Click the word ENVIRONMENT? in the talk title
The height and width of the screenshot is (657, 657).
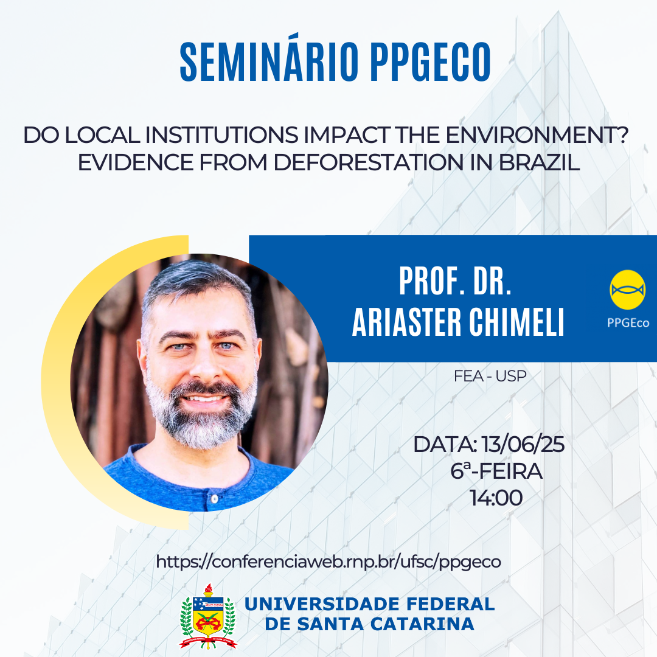[x=537, y=135]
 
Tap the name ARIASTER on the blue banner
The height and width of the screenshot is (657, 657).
[x=406, y=322]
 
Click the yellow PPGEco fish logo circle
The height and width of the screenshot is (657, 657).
[x=627, y=290]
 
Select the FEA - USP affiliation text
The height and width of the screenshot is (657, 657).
[x=490, y=377]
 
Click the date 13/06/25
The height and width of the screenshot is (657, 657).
[x=523, y=444]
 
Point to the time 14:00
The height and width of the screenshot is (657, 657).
[x=496, y=498]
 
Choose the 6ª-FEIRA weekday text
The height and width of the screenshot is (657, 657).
[x=496, y=471]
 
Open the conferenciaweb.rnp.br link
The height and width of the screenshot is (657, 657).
[x=328, y=561]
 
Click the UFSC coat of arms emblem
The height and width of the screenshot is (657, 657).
[x=208, y=616]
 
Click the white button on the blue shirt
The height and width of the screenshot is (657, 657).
[x=215, y=499]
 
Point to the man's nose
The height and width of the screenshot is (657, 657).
[x=204, y=365]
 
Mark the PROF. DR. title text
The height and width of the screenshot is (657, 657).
[x=455, y=281]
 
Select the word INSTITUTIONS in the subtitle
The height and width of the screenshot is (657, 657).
[x=221, y=135]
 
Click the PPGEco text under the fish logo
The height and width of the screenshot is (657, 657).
[x=628, y=322]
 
